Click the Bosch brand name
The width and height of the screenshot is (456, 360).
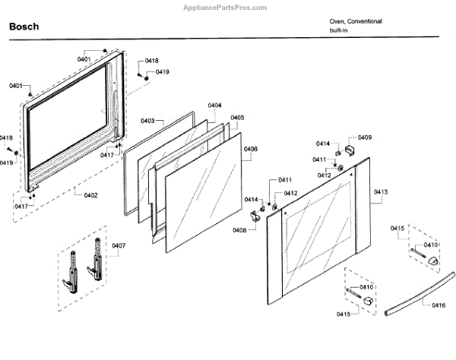pyautogui.click(x=24, y=27)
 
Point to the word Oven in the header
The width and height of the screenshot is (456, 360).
pyautogui.click(x=337, y=21)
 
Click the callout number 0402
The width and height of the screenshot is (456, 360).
pyautogui.click(x=90, y=195)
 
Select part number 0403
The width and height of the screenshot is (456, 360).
pyautogui.click(x=147, y=121)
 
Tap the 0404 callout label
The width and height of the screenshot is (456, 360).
pyautogui.click(x=214, y=105)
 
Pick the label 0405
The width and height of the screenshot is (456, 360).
pyautogui.click(x=237, y=118)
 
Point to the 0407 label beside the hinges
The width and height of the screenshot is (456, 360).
pyautogui.click(x=119, y=245)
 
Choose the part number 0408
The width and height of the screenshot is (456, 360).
pyautogui.click(x=239, y=229)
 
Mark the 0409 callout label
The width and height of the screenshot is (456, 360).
pyautogui.click(x=365, y=137)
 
